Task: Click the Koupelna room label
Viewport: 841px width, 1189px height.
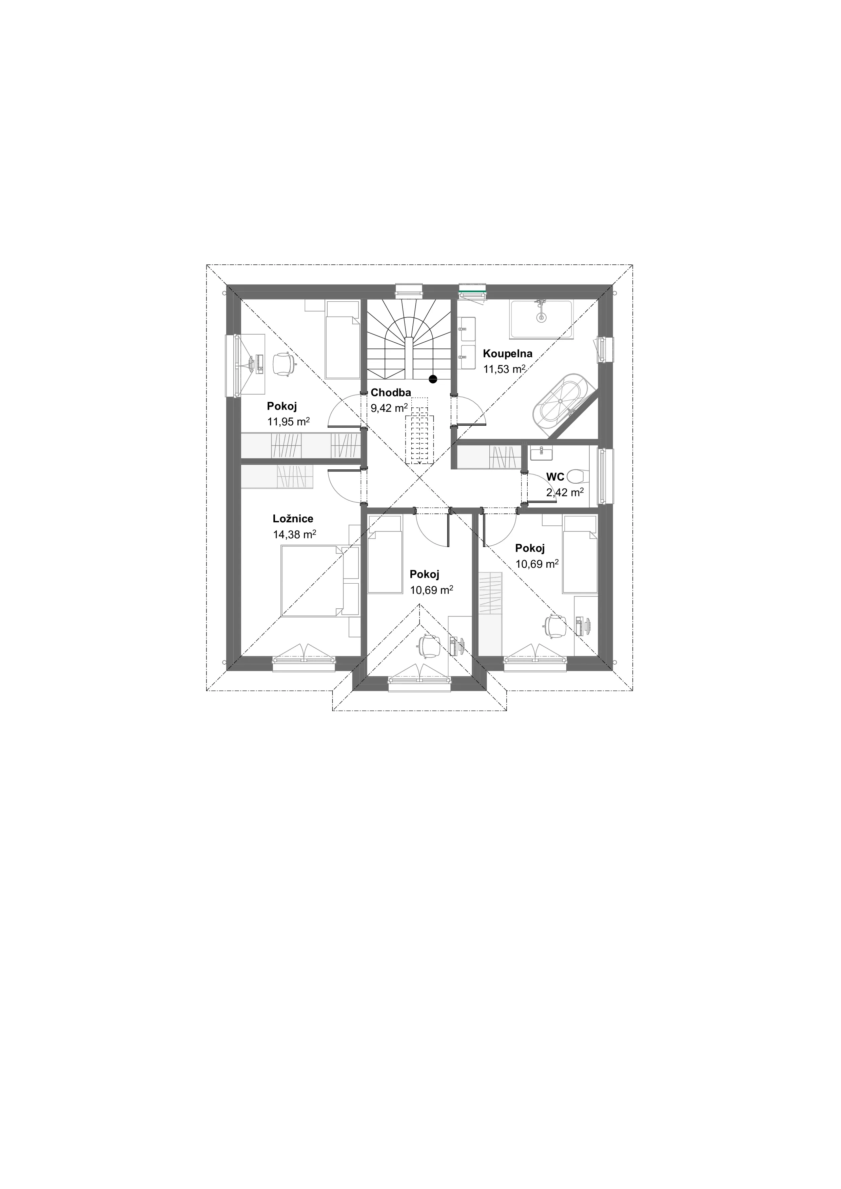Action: click(x=507, y=354)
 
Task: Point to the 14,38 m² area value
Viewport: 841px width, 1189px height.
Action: click(x=295, y=535)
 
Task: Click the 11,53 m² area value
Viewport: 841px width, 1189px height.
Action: click(x=505, y=369)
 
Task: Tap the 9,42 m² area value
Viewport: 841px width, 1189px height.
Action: click(x=389, y=407)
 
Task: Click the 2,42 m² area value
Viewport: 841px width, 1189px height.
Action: click(x=565, y=492)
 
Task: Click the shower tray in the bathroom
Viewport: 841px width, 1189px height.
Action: click(x=542, y=320)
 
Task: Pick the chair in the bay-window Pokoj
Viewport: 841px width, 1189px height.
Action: click(x=429, y=646)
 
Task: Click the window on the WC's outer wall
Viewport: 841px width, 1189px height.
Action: click(x=604, y=476)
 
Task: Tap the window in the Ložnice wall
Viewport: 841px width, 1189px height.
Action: click(x=304, y=663)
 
